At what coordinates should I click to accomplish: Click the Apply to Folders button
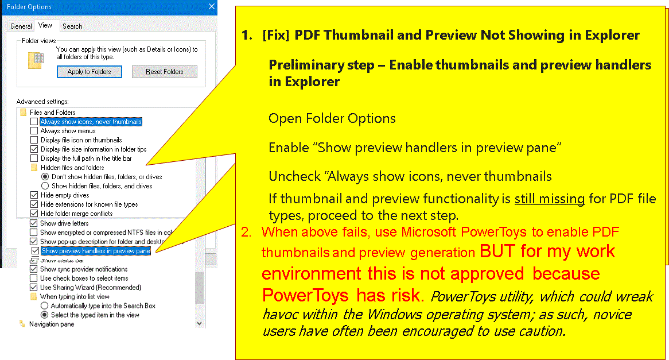[x=89, y=72]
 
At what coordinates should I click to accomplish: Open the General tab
[x=21, y=26]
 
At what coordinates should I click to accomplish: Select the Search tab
[x=72, y=26]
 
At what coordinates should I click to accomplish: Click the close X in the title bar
[x=212, y=6]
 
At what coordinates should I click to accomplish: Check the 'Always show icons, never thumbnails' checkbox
[x=34, y=122]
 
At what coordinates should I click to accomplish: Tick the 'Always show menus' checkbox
[x=34, y=131]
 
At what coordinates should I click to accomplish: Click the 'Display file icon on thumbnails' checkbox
[x=34, y=140]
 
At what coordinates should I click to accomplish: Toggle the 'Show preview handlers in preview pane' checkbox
[x=36, y=251]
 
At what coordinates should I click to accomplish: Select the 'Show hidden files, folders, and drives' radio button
[x=45, y=186]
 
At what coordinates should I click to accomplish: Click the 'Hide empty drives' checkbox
[x=34, y=195]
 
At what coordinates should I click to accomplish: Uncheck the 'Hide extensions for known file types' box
[x=34, y=204]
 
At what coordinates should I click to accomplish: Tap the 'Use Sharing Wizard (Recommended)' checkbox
[x=34, y=288]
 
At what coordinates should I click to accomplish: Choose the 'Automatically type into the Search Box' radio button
[x=44, y=306]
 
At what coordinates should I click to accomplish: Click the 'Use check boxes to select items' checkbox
[x=34, y=278]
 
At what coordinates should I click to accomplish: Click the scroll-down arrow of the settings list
[x=199, y=324]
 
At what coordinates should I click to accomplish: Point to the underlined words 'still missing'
[x=550, y=199]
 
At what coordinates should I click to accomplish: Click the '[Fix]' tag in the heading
[x=275, y=35]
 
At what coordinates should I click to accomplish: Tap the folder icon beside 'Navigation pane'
[x=22, y=324]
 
